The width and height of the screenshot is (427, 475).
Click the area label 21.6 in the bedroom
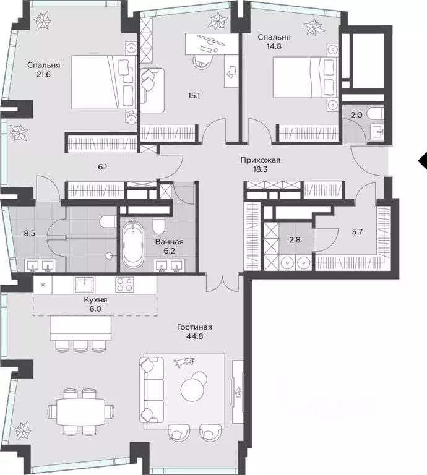(x=43, y=74)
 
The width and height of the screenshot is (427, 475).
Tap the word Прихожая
(x=261, y=160)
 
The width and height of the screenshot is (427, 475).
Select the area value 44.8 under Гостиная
(x=195, y=336)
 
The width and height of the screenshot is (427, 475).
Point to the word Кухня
(x=95, y=299)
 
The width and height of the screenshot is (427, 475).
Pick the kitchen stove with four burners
(x=124, y=285)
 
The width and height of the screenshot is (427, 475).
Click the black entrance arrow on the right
(x=423, y=161)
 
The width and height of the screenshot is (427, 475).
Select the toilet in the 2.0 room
(x=374, y=114)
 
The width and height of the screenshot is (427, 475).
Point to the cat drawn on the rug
(x=184, y=362)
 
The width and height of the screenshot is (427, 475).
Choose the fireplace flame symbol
(x=239, y=392)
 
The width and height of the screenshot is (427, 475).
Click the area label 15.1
(x=194, y=96)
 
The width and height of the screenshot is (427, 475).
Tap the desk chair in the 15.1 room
(x=202, y=62)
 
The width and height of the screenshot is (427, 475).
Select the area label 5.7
(x=357, y=232)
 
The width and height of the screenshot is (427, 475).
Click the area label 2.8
(x=295, y=239)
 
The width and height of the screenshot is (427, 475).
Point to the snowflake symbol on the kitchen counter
(x=43, y=285)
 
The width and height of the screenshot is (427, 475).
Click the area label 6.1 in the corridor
(x=103, y=166)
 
